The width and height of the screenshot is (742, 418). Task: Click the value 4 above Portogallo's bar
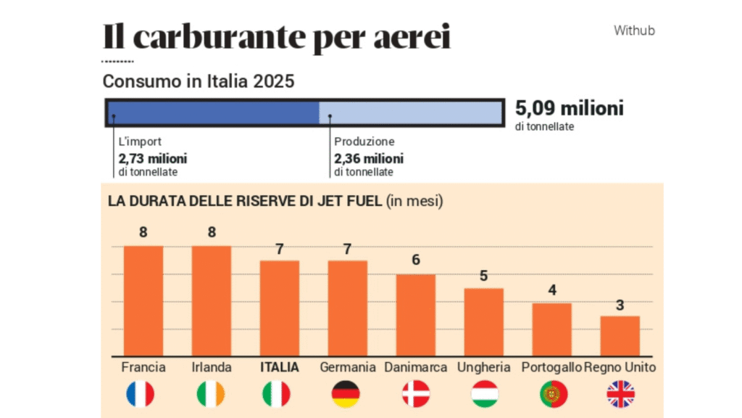pyautogui.click(x=552, y=290)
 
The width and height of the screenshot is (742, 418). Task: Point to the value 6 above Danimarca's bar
pyautogui.click(x=415, y=261)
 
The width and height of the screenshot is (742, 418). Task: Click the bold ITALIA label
pyautogui.click(x=279, y=367)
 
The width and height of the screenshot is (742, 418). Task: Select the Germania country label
pyautogui.click(x=348, y=367)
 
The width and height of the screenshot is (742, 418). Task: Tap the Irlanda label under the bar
pyautogui.click(x=211, y=367)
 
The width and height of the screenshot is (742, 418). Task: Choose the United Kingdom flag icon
pyautogui.click(x=620, y=394)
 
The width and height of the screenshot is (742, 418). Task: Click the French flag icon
pyautogui.click(x=140, y=394)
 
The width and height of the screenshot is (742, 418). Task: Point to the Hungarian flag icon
pyautogui.click(x=484, y=394)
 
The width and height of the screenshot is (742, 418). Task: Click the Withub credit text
pyautogui.click(x=634, y=30)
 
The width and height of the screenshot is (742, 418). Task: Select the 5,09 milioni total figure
pyautogui.click(x=569, y=109)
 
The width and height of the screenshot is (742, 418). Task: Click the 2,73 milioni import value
pyautogui.click(x=153, y=158)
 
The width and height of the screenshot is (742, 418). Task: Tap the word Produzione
pyautogui.click(x=364, y=142)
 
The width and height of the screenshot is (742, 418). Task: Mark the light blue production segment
pyautogui.click(x=410, y=112)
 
